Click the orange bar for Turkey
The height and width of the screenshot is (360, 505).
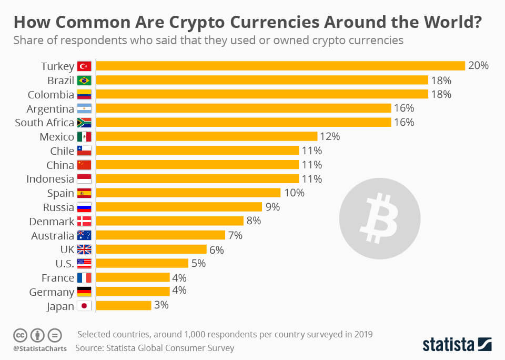280,66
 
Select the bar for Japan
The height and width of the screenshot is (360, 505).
124,305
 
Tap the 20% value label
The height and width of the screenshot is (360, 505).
479,66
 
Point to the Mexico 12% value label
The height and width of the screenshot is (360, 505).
330,136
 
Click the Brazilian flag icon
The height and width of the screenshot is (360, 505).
84,81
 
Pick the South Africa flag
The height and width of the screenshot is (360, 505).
84,123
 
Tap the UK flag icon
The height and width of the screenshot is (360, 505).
84,249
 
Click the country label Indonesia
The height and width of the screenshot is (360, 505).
50,179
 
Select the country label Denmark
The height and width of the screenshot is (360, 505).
52,222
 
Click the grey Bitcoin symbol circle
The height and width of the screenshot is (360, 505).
379,218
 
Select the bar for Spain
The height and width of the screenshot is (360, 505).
188,193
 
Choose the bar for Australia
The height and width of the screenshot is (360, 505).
160,235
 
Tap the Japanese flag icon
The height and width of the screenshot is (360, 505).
84,306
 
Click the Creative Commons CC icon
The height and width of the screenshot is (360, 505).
19,335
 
